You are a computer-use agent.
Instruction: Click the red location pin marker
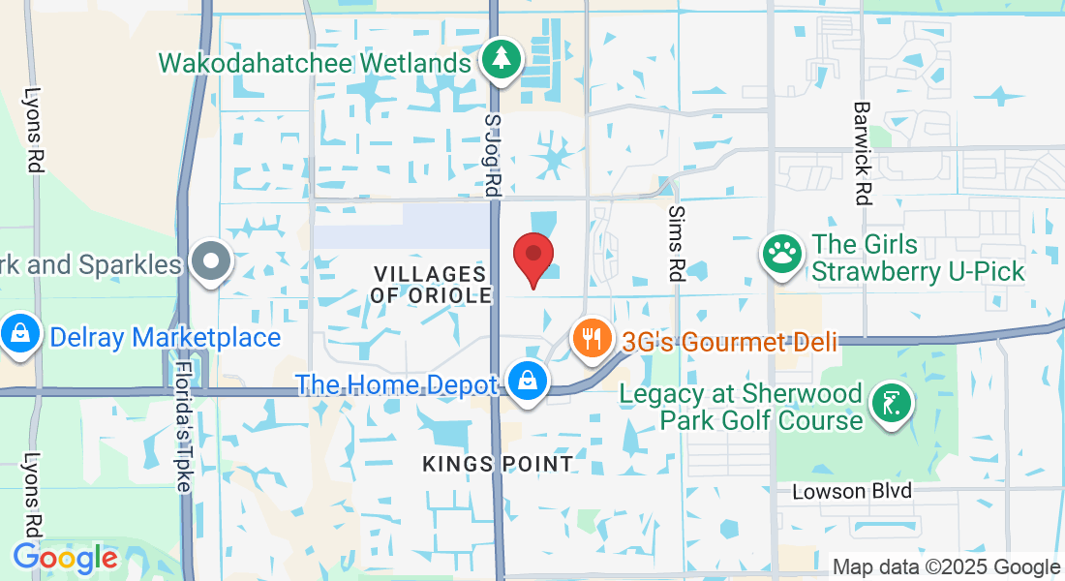(x=532, y=258)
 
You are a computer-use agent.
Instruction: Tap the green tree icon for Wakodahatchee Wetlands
(x=501, y=59)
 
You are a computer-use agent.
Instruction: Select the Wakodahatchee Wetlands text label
(x=315, y=64)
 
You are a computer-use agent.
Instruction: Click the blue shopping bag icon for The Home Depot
(x=527, y=381)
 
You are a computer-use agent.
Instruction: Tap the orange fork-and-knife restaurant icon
(x=591, y=338)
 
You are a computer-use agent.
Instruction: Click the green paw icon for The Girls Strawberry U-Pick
(x=781, y=254)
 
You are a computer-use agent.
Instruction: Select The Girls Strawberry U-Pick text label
(x=918, y=258)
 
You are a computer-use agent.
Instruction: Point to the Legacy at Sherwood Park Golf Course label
(x=742, y=407)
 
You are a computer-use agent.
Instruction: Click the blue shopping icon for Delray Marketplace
(x=19, y=334)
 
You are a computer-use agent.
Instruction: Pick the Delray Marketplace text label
(x=166, y=337)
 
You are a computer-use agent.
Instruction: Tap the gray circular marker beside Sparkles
(x=210, y=261)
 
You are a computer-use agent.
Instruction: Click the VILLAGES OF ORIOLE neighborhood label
(x=431, y=285)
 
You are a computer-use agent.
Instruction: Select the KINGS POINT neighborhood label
(x=498, y=465)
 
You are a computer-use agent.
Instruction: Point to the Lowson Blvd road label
(x=852, y=491)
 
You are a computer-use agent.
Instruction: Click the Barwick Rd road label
(x=860, y=153)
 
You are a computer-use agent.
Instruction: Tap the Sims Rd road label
(x=677, y=243)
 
